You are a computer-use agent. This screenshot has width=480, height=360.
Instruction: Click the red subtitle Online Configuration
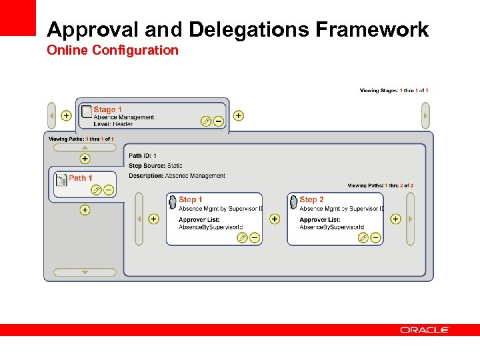(113, 50)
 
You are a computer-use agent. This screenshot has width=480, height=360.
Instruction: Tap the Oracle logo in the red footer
(425, 329)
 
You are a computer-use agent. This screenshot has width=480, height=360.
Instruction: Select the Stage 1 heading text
(107, 109)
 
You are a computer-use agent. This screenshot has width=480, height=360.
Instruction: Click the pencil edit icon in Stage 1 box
(206, 121)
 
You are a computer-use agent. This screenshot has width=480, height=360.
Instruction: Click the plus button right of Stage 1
(239, 115)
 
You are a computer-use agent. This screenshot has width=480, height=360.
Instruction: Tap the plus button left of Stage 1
(66, 115)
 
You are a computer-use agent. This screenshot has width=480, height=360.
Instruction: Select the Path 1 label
(81, 178)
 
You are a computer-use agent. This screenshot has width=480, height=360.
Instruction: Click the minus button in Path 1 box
(109, 190)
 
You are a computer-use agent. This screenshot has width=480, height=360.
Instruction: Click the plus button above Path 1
(85, 159)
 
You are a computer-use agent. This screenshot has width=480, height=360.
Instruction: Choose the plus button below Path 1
(85, 210)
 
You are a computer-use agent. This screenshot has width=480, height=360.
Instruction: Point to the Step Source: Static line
(155, 166)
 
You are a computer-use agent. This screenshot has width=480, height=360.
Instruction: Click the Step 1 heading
(190, 199)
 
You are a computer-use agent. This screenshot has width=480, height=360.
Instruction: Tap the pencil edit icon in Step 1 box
(243, 237)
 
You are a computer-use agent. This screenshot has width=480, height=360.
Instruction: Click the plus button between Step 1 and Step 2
(275, 219)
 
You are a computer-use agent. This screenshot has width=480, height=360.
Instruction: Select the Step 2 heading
(311, 199)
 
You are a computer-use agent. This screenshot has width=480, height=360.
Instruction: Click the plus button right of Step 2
(395, 219)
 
